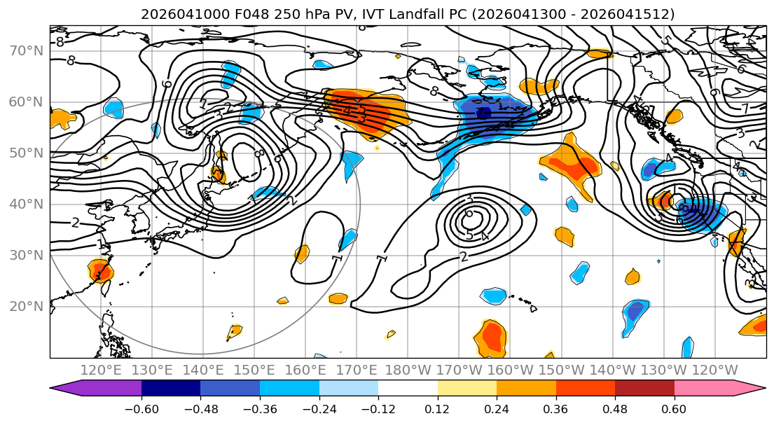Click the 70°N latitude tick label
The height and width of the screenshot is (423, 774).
25,50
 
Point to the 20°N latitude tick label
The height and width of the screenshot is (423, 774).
25,306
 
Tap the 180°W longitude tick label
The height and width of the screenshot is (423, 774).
407,370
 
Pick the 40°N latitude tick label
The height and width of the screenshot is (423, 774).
25,204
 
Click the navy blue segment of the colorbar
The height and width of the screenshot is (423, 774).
171,388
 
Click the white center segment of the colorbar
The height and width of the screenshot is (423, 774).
408,388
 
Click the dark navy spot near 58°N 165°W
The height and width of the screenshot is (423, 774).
483,113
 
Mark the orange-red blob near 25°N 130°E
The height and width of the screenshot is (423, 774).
99,270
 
